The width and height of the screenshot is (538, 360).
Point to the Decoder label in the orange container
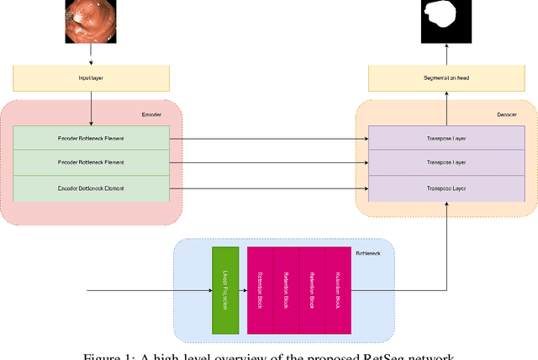(506, 113)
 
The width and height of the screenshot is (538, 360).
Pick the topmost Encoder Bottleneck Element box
(91, 137)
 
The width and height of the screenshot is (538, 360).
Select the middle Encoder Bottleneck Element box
(91, 162)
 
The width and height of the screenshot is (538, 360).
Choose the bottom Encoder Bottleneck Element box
(91, 188)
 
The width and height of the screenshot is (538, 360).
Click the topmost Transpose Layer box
(447, 137)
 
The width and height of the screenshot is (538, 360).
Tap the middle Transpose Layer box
(447, 162)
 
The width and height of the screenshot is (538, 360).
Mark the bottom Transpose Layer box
(447, 188)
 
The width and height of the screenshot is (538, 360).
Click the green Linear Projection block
(225, 290)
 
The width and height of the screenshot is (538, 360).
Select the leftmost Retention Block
(260, 290)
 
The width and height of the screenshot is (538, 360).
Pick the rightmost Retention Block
(338, 290)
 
